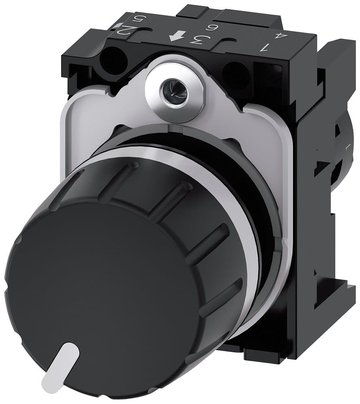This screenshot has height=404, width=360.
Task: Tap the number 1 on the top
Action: coord(264,48)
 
